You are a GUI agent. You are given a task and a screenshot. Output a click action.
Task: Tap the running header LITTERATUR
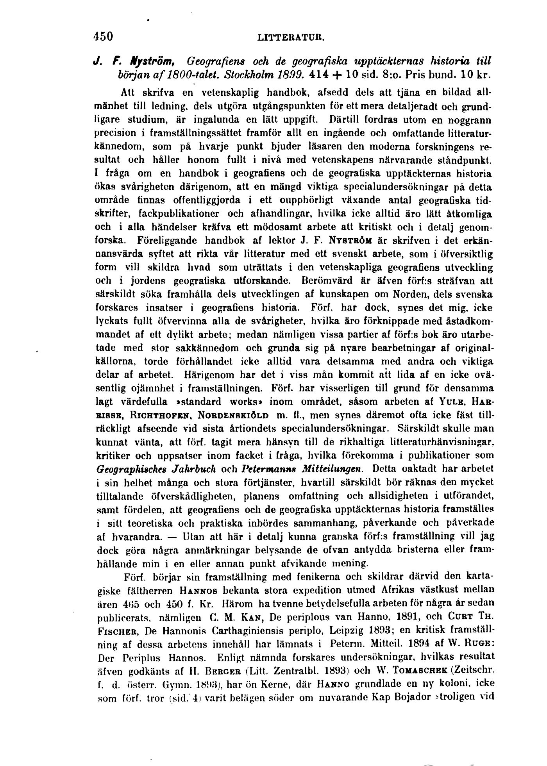tap(291, 38)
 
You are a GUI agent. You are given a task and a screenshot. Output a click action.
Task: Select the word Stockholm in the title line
tap(244, 73)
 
